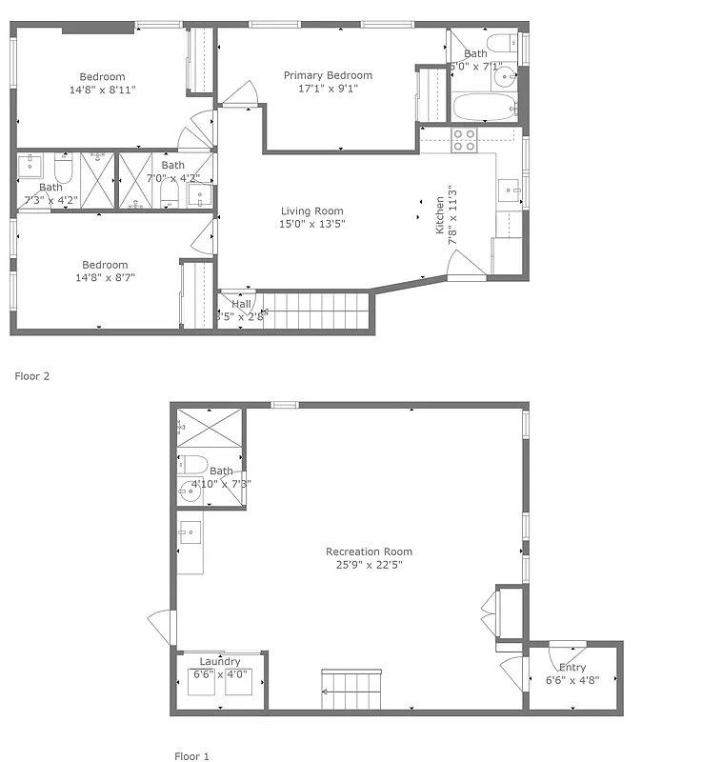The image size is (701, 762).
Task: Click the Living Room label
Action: point(311,211)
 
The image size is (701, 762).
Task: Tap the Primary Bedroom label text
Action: point(328,75)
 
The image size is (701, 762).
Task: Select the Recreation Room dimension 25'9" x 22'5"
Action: point(369,564)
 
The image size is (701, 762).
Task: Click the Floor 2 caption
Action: point(31,376)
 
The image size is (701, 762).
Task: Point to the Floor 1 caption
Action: point(191,756)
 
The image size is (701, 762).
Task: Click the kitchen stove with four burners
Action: point(464,140)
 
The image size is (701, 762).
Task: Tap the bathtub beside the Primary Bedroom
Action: point(485,106)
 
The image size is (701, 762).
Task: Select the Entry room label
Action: point(572,668)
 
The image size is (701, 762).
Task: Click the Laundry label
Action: point(220,661)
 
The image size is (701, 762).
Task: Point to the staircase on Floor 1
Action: point(351,690)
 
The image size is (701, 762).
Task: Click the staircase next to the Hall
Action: point(314,311)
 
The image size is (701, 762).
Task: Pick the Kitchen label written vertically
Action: point(440,216)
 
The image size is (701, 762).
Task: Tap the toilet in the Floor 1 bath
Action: point(193,465)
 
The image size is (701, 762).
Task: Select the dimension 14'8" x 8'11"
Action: point(102,90)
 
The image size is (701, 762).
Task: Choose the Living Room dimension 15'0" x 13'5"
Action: point(311,224)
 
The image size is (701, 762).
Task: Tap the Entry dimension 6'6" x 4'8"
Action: point(572,680)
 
